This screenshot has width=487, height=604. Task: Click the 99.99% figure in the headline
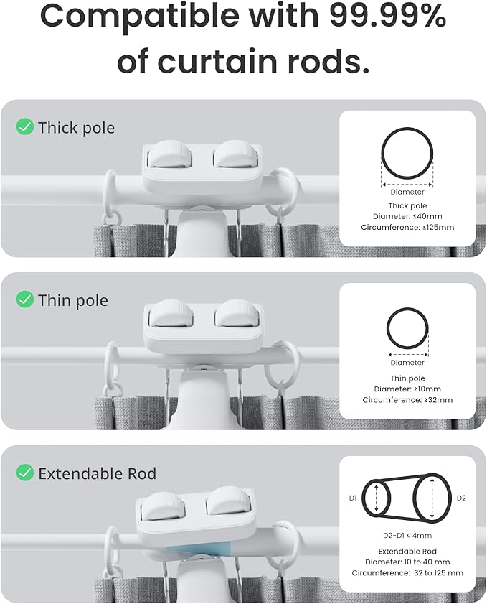(x=388, y=17)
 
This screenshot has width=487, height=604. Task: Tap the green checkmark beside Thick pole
(x=25, y=127)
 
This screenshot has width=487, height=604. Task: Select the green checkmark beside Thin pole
(x=25, y=299)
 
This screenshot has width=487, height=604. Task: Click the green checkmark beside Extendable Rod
(x=25, y=473)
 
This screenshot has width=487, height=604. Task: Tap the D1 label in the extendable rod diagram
(x=352, y=497)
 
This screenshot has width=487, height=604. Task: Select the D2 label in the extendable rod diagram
(x=461, y=497)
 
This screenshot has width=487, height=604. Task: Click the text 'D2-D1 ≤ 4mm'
(x=407, y=535)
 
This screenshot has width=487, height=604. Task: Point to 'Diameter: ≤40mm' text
(x=407, y=216)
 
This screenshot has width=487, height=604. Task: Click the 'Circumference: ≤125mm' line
(x=407, y=228)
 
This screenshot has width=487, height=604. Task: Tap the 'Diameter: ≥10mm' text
(x=407, y=389)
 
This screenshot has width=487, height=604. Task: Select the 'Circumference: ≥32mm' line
(x=407, y=400)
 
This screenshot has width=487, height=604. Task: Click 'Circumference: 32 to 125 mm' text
(x=407, y=573)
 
